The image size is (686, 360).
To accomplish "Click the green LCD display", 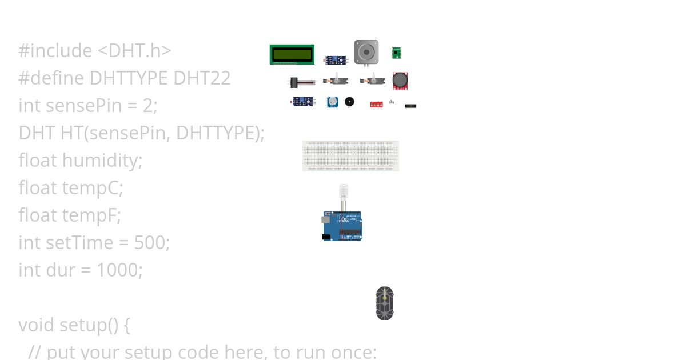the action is point(292,54).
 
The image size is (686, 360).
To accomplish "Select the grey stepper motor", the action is point(366,52).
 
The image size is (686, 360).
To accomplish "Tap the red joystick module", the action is point(400,81).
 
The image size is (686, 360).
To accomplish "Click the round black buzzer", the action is point(349,102).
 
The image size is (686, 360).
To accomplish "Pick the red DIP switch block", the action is point(376,105).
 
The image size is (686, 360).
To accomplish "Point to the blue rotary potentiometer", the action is point(332,102).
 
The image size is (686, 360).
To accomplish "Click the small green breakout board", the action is point(396,53).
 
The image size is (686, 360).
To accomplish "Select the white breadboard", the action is point(350,155).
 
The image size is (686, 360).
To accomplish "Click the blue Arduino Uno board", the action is point(342,226).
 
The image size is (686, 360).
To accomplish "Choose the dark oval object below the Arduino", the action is point(385,303).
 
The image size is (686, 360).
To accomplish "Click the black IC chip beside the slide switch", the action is point(410,106).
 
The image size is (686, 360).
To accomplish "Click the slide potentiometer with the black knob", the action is point(301,82).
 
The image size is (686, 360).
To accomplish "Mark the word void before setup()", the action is point(37,325).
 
